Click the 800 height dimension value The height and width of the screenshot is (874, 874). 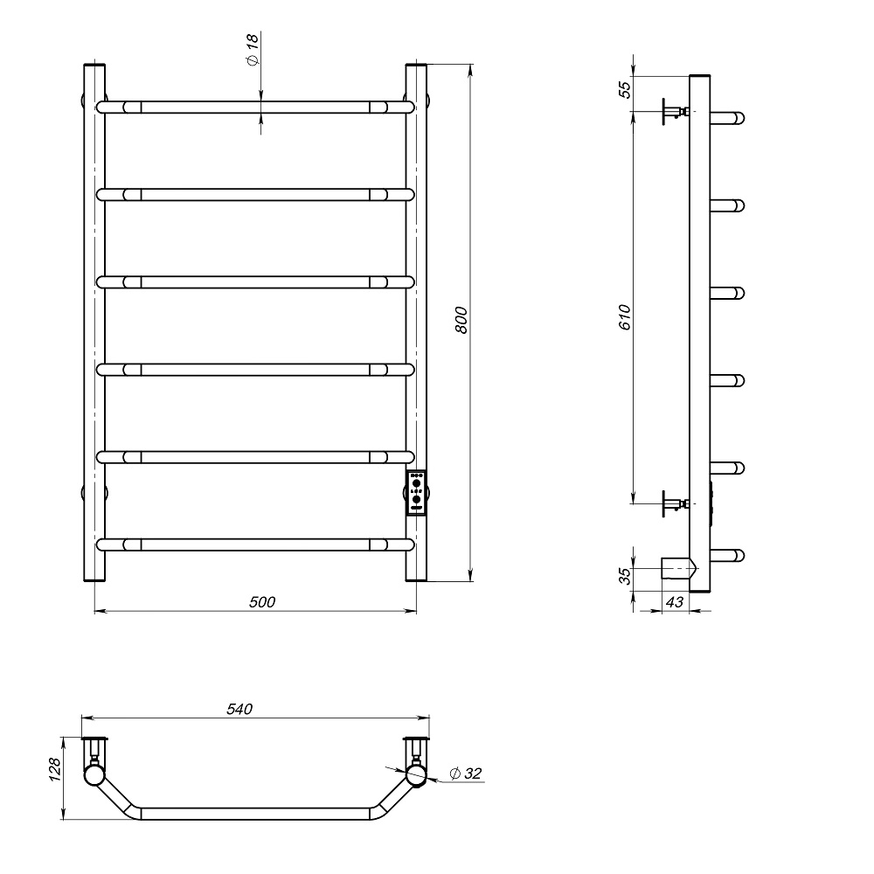(x=461, y=320)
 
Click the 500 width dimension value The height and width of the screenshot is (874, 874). (x=262, y=602)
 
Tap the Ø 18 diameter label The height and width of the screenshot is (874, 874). (x=253, y=50)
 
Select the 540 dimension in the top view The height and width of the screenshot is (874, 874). (x=239, y=709)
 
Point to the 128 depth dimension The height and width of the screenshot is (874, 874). (x=54, y=770)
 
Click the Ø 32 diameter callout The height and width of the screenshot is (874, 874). (x=465, y=773)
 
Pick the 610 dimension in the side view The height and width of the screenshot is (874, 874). (x=625, y=317)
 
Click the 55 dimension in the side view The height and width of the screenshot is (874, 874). (x=626, y=90)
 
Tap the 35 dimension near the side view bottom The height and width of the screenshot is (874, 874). (x=626, y=576)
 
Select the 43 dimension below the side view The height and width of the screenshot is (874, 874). (x=675, y=602)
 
